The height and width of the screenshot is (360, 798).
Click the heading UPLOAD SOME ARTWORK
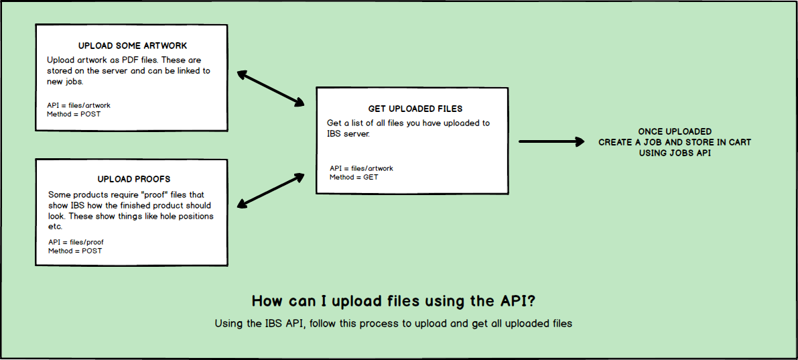[x=132, y=46]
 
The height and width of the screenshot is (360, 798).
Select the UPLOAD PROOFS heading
[x=134, y=179]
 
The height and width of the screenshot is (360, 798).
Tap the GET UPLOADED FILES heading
[x=415, y=109]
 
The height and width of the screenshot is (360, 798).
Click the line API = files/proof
[x=76, y=243]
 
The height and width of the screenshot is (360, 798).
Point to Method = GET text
[x=354, y=177]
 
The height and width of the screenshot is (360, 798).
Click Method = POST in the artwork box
[x=74, y=114]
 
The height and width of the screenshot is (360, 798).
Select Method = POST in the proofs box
[x=75, y=251]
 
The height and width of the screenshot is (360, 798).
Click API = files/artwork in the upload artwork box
[x=78, y=105]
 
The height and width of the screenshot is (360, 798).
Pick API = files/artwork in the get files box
[x=361, y=168]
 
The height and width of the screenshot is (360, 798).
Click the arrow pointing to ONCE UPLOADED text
[x=551, y=141]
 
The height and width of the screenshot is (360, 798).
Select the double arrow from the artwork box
[x=271, y=88]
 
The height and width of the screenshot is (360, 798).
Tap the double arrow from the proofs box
[x=271, y=190]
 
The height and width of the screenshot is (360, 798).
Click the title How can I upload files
[x=393, y=302]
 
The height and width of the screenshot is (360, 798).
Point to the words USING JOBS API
[x=675, y=153]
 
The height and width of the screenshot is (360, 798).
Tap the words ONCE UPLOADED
[x=675, y=132]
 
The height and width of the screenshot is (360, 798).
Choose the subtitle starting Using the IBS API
[x=393, y=323]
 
